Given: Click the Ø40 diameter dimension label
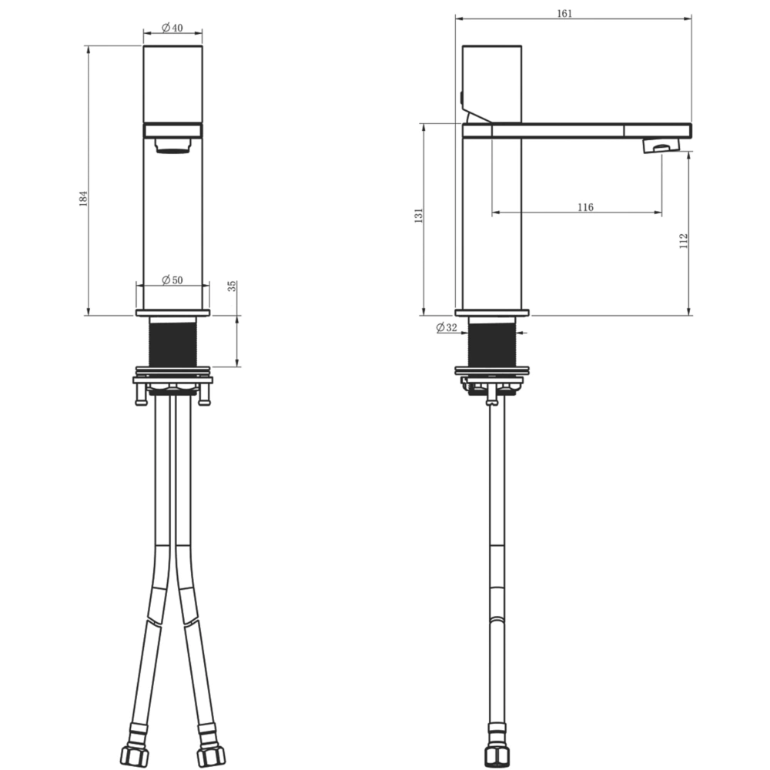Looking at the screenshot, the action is point(172,28).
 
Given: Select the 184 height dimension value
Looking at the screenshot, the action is point(83,199).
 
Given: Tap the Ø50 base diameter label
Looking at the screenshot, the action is point(172,280).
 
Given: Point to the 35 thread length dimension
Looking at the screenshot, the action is point(232,286).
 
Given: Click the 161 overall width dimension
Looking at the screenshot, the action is point(564,14).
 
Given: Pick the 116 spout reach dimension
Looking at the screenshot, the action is point(585,207).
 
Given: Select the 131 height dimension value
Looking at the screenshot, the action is point(418,216).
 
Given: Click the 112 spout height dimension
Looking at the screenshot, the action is point(684,241).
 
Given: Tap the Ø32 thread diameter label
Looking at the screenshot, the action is point(447,327).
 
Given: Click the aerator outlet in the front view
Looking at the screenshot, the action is point(172,146).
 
